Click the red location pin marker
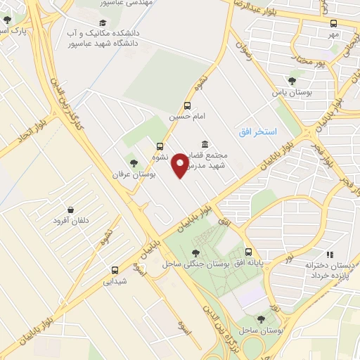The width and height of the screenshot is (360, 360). pos(181,165)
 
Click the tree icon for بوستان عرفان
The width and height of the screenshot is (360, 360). pos(134,163)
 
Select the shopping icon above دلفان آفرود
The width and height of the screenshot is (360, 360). pos(71,210)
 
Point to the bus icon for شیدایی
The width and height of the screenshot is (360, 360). pos(115,270)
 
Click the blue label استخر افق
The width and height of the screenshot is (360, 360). pos(257,132)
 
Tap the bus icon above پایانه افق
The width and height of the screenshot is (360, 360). pos(248,251)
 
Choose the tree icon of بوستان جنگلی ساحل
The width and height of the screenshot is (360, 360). pos(195,252)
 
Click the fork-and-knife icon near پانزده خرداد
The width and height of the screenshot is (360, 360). pos(330,255)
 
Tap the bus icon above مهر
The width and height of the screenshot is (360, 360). pos(333,22)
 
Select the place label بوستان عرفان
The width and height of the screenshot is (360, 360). pos(137,174)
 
